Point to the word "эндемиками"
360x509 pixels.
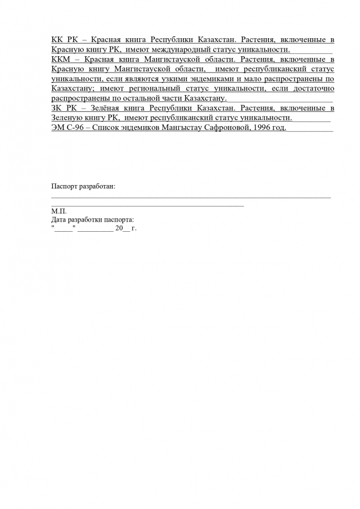click(210, 79)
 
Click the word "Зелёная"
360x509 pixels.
click(107, 109)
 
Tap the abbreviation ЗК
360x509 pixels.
click(57, 109)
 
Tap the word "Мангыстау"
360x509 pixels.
click(182, 128)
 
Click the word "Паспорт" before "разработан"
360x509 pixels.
click(65, 186)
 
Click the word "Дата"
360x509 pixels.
click(58, 220)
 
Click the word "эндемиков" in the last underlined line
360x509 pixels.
click(141, 128)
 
